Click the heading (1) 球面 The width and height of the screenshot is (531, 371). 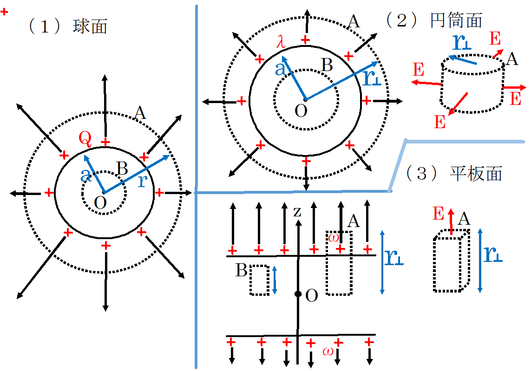tap(68, 26)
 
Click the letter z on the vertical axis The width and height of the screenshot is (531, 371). tap(298, 212)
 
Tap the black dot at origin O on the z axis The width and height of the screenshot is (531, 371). tap(298, 294)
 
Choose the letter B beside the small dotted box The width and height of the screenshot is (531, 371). tap(241, 270)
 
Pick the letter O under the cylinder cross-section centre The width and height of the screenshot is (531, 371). tap(302, 111)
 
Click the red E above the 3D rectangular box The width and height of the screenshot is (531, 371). tap(438, 214)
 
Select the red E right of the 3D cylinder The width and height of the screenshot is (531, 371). tap(515, 99)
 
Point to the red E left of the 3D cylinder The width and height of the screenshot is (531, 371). tap(419, 71)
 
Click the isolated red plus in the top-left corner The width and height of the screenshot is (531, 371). tap(5, 11)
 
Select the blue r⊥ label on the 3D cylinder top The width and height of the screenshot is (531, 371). tap(462, 43)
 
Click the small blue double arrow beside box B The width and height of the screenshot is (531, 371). tap(275, 280)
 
